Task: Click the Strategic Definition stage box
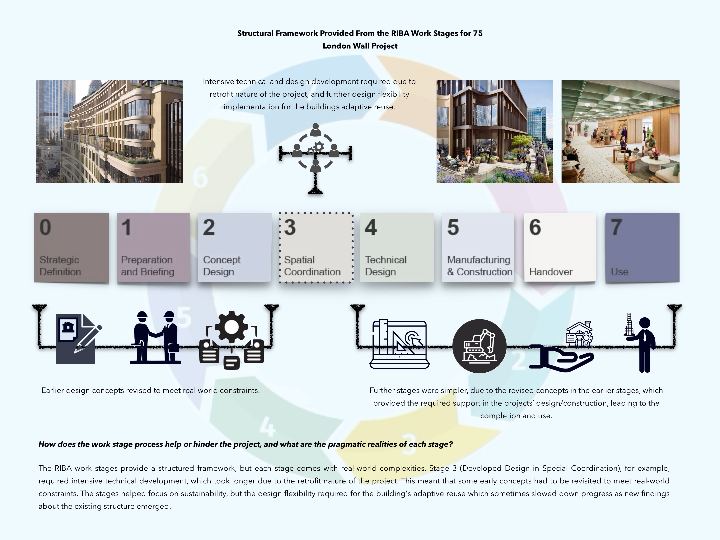[x=71, y=248]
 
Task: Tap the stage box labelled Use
[x=642, y=247]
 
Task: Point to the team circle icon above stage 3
[x=315, y=148]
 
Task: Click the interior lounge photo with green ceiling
[x=620, y=132]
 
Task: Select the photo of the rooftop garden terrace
[x=494, y=132]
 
